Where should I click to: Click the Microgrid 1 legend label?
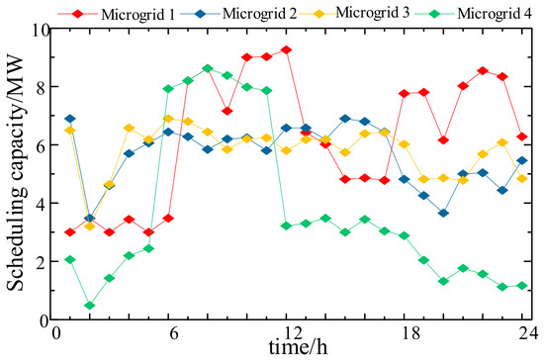[x=138, y=14]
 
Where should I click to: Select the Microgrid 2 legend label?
[x=259, y=14]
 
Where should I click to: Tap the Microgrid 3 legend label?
[x=373, y=13]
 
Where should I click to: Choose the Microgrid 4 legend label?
[x=495, y=14]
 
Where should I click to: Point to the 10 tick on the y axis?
[x=41, y=31]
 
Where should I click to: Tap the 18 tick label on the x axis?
[x=411, y=333]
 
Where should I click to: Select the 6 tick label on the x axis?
[x=174, y=333]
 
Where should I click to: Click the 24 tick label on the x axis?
[x=528, y=333]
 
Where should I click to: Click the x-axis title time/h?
[x=298, y=347]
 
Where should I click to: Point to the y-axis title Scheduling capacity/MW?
[x=16, y=174]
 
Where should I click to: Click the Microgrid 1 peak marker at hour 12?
[x=286, y=49]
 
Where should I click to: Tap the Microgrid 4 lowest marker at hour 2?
[x=90, y=306]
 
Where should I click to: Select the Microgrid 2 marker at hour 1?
[x=70, y=119]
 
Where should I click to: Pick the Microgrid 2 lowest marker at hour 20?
[x=443, y=213]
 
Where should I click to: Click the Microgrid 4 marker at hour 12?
[x=286, y=225]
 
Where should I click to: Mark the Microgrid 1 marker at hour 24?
[x=522, y=136]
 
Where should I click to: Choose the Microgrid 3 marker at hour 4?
[x=129, y=128]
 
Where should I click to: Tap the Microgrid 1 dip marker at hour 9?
[x=227, y=111]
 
